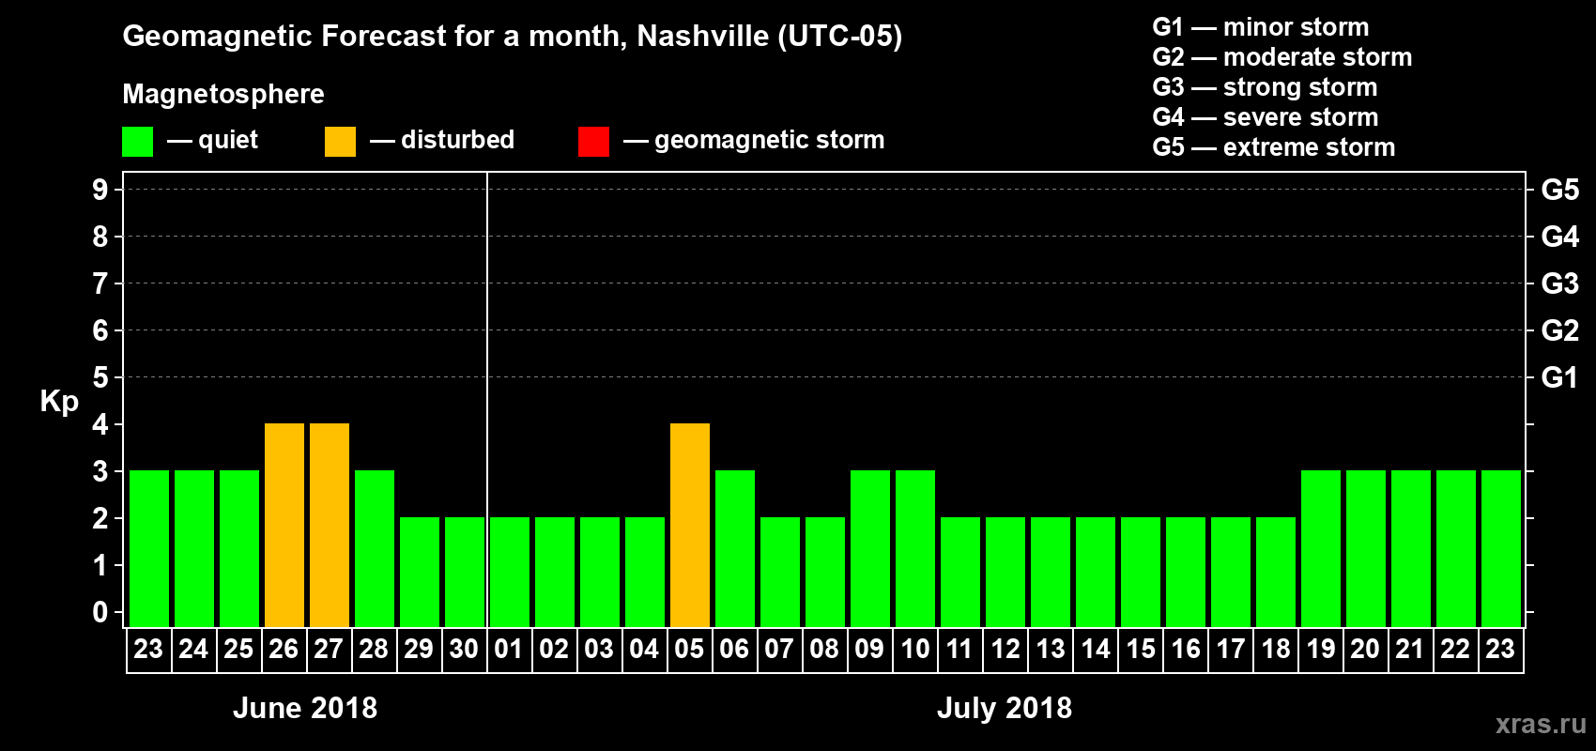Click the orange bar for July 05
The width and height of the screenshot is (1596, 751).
pyautogui.click(x=690, y=525)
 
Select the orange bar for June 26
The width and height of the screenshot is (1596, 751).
pyautogui.click(x=284, y=525)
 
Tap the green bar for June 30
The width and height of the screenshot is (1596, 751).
pyautogui.click(x=465, y=572)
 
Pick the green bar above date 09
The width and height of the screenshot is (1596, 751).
pyautogui.click(x=870, y=548)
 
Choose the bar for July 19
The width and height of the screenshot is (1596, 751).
pyautogui.click(x=1321, y=548)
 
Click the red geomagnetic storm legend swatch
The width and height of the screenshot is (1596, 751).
pyautogui.click(x=593, y=142)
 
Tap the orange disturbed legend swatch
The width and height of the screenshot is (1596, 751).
pyautogui.click(x=340, y=142)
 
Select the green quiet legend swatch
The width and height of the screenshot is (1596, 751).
pyautogui.click(x=137, y=142)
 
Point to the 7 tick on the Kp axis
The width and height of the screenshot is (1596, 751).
pyautogui.click(x=100, y=284)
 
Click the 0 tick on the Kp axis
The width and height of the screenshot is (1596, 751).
pyautogui.click(x=100, y=612)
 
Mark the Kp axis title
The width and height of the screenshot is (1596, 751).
pyautogui.click(x=59, y=401)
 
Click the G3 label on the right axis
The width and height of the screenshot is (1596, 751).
pyautogui.click(x=1559, y=284)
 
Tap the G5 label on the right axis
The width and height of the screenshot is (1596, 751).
pyautogui.click(x=1559, y=190)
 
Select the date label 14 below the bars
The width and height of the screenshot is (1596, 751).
pyautogui.click(x=1096, y=649)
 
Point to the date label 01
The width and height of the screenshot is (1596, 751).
pyautogui.click(x=509, y=649)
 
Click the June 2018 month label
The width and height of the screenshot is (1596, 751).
pyautogui.click(x=305, y=708)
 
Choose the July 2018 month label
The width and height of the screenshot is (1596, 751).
pyautogui.click(x=1005, y=708)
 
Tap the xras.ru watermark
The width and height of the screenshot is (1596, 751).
pyautogui.click(x=1540, y=724)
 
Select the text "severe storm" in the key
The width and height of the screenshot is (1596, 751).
pyautogui.click(x=1300, y=117)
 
